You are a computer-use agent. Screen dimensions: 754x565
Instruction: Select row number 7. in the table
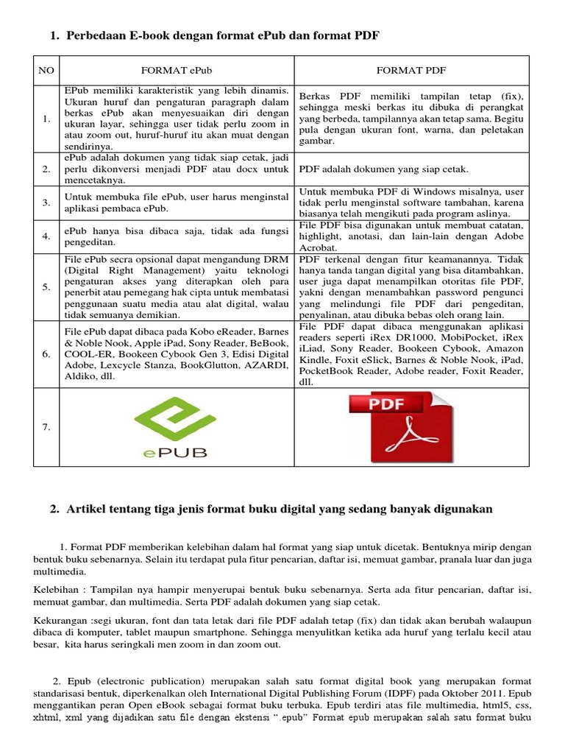pos(46,428)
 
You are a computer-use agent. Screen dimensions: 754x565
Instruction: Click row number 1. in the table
pos(46,119)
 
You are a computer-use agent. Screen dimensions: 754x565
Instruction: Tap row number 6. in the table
pos(46,354)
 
